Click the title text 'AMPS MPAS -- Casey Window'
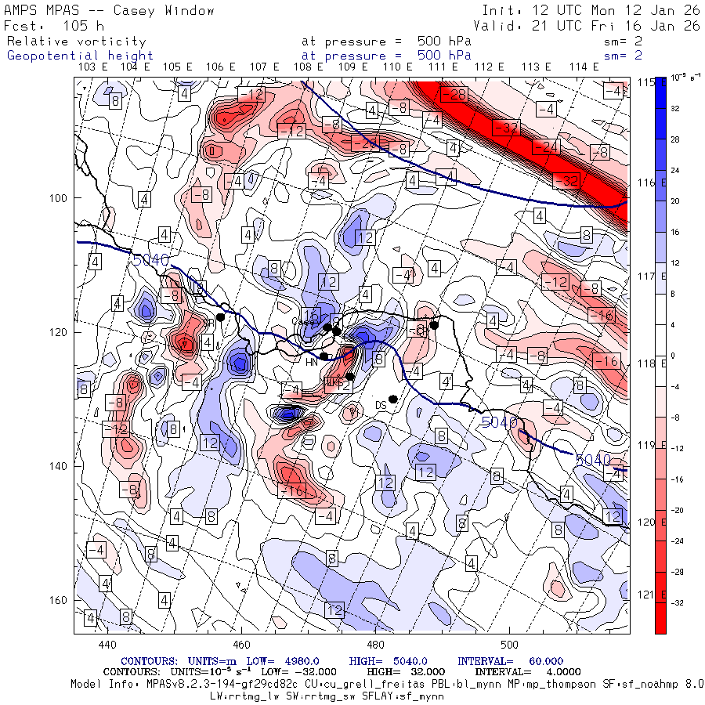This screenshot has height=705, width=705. pyautogui.click(x=110, y=10)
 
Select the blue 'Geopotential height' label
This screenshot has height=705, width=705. pyautogui.click(x=80, y=56)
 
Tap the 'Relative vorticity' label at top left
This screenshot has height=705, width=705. pyautogui.click(x=76, y=41)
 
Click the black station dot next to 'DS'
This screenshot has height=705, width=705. pyautogui.click(x=393, y=399)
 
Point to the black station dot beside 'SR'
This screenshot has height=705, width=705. pyautogui.click(x=221, y=317)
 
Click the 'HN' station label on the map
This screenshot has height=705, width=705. pyautogui.click(x=311, y=361)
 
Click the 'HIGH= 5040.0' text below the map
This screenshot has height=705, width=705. pyautogui.click(x=397, y=661)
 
